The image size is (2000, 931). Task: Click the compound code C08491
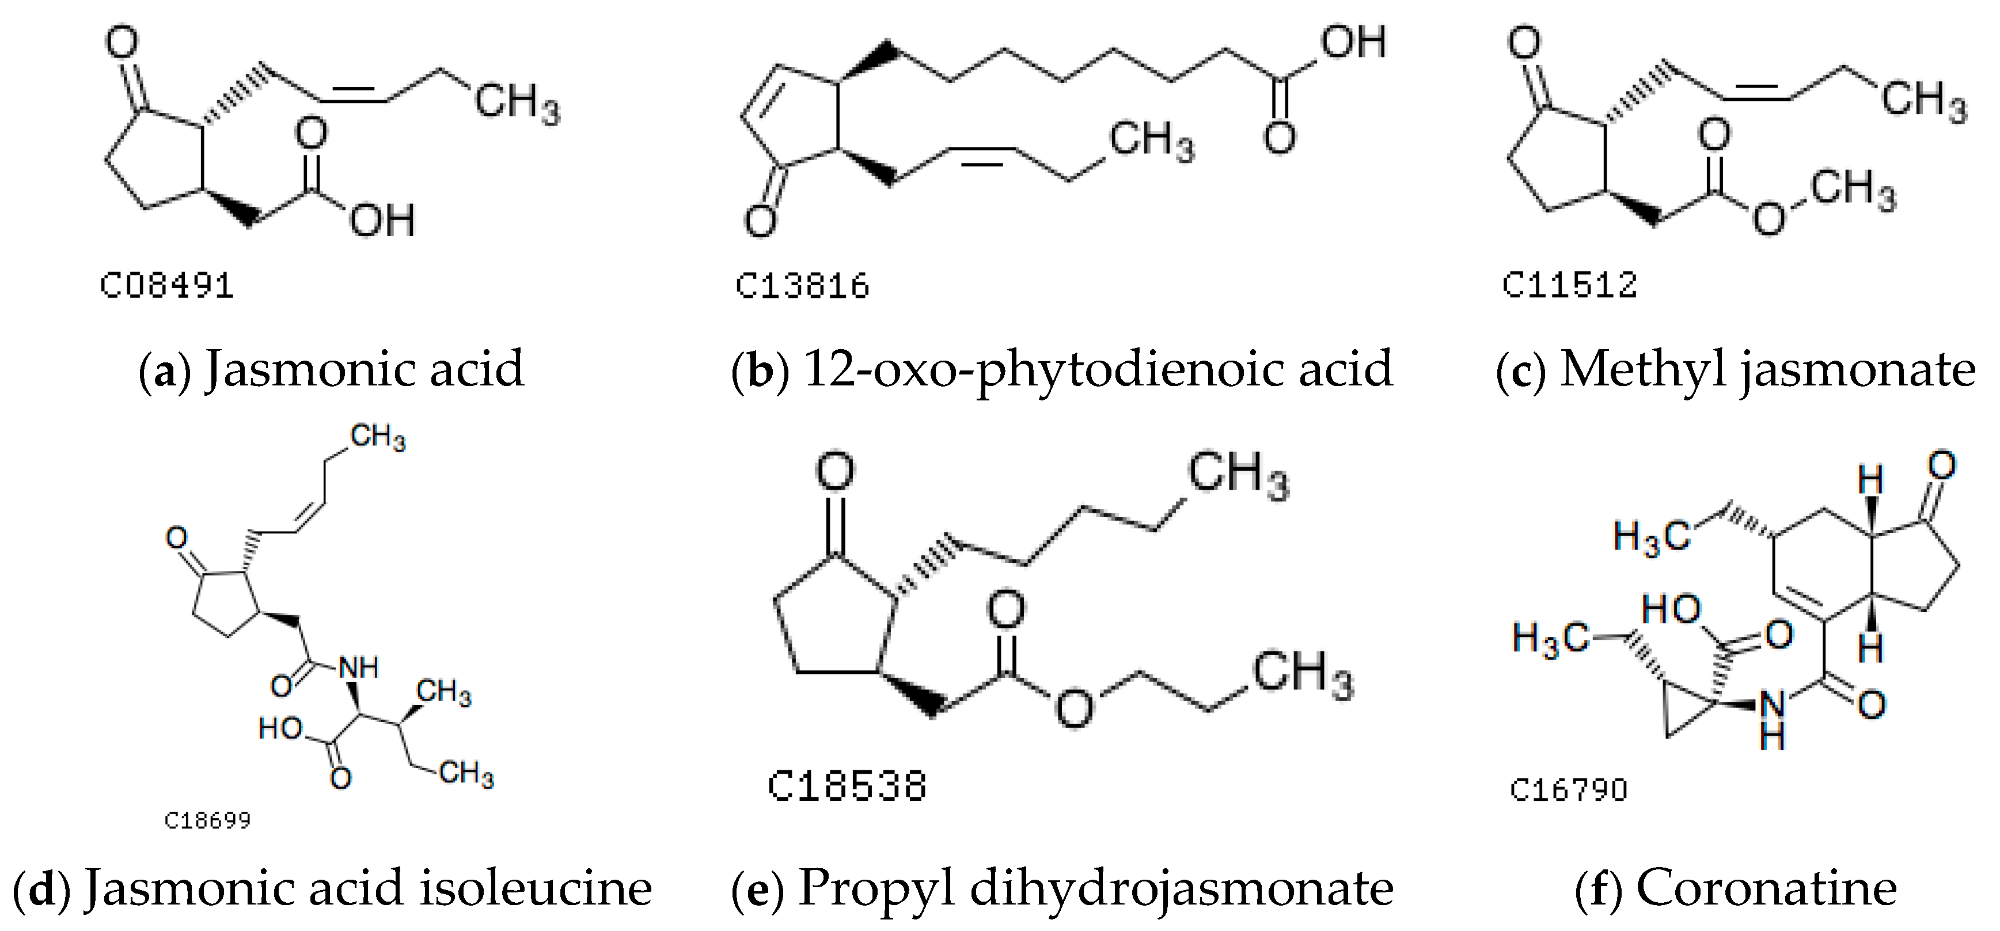(167, 286)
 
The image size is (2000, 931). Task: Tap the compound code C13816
(802, 286)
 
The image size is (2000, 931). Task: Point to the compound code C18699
(207, 821)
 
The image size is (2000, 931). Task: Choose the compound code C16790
(1568, 790)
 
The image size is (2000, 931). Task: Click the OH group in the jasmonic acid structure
(382, 221)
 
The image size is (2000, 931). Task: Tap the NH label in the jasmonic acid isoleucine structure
(359, 667)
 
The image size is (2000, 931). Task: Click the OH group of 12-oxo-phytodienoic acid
(1354, 42)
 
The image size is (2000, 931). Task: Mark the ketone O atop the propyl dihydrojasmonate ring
(834, 472)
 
